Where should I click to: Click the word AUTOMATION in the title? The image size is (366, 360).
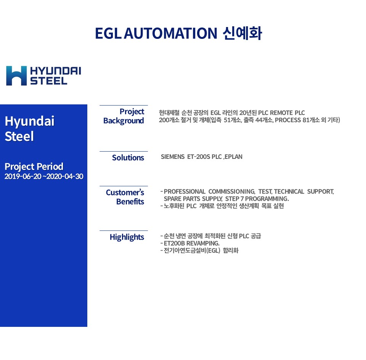click(x=171, y=34)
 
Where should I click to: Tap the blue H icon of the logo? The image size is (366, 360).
click(x=16, y=75)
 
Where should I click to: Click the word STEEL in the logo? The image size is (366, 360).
click(x=48, y=81)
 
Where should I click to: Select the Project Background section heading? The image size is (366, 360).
click(x=124, y=116)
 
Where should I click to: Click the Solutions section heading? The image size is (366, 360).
click(x=128, y=158)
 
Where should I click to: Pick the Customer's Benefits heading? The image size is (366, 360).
click(x=125, y=197)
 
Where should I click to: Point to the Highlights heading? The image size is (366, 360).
click(x=127, y=237)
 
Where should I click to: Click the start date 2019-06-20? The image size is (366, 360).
click(x=23, y=176)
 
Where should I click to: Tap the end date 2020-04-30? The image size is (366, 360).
click(x=65, y=176)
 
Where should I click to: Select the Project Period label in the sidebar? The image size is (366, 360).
click(x=34, y=166)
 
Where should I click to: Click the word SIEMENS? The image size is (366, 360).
click(x=173, y=157)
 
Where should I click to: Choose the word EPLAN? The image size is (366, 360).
click(x=233, y=157)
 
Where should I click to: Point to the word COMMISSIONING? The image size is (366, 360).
click(x=231, y=191)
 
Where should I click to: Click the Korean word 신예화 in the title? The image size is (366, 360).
click(x=242, y=34)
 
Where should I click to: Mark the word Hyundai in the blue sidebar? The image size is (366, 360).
click(x=29, y=122)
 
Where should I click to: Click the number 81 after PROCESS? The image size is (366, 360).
click(x=306, y=120)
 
